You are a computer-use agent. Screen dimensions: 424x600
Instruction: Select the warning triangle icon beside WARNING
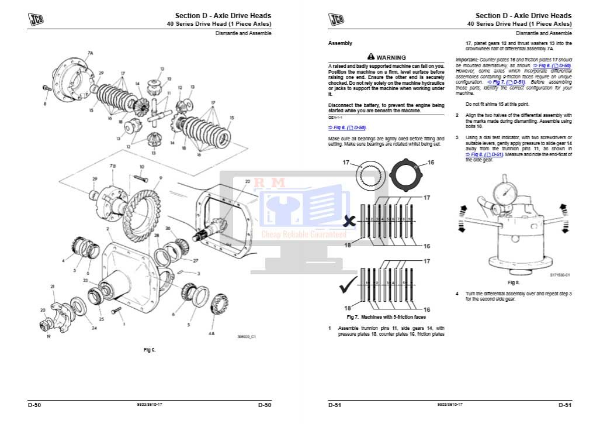tap(370, 57)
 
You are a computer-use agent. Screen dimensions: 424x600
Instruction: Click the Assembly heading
tap(340, 43)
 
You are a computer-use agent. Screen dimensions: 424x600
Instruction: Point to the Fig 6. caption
tap(150, 350)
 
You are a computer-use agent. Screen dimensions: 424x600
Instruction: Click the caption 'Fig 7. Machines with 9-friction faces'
tap(386, 317)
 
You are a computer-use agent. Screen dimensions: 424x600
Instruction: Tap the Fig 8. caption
tap(514, 282)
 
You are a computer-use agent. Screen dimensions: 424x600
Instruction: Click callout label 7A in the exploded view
tap(90, 53)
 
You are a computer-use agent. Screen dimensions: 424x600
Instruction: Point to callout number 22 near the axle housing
tap(247, 181)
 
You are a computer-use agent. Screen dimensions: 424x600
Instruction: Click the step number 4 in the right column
tap(457, 293)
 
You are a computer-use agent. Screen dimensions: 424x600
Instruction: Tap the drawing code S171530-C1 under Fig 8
tap(560, 274)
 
